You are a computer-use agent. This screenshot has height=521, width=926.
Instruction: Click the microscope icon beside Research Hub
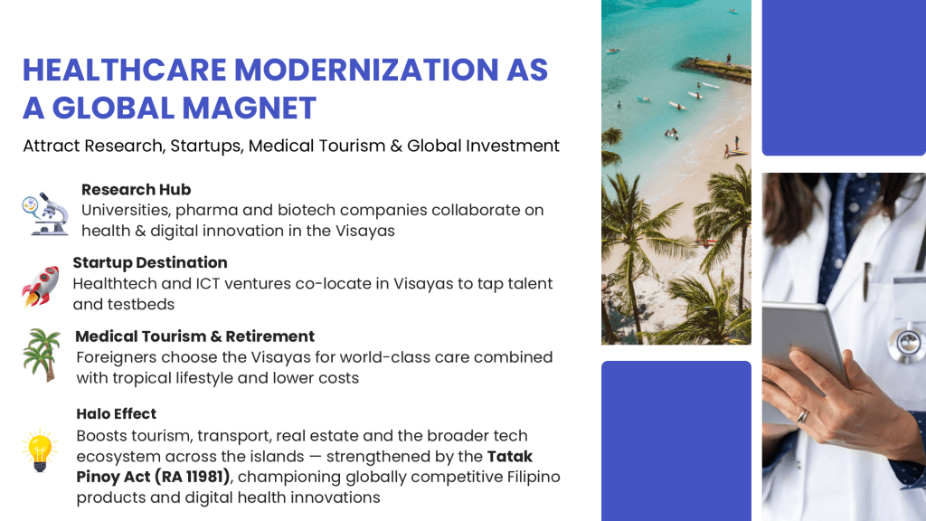pyautogui.click(x=45, y=213)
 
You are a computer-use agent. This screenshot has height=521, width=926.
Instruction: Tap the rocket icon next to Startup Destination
pyautogui.click(x=40, y=287)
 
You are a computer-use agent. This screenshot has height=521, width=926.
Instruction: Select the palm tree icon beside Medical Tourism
pyautogui.click(x=42, y=355)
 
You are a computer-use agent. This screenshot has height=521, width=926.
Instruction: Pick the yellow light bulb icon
pyautogui.click(x=40, y=450)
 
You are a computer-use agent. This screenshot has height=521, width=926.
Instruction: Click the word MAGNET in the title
pyautogui.click(x=250, y=109)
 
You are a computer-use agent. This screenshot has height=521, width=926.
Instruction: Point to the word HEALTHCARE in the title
pyautogui.click(x=125, y=70)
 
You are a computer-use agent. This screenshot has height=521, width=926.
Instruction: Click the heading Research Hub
pyautogui.click(x=136, y=190)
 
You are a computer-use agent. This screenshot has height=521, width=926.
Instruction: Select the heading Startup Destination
pyautogui.click(x=150, y=262)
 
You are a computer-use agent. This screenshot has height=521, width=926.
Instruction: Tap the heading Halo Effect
pyautogui.click(x=117, y=413)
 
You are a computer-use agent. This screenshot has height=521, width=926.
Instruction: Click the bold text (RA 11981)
pyautogui.click(x=192, y=477)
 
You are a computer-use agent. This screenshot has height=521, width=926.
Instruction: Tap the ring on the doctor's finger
pyautogui.click(x=803, y=416)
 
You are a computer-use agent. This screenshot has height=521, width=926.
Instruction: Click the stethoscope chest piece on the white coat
pyautogui.click(x=906, y=343)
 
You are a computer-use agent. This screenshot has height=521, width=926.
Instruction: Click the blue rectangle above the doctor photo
pyautogui.click(x=844, y=78)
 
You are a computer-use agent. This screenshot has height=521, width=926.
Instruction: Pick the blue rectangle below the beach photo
pyautogui.click(x=676, y=441)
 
